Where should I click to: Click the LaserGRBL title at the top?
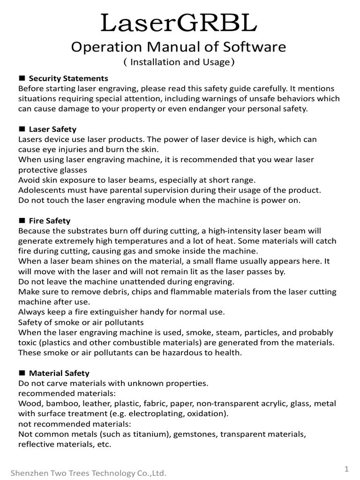[180, 23]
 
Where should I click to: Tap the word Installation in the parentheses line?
[155, 62]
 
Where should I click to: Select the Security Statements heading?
[68, 78]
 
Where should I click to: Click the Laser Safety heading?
[52, 129]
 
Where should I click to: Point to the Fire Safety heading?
[50, 220]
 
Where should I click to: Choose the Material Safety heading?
[59, 373]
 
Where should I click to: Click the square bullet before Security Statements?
[22, 78]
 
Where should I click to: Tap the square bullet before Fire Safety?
[22, 220]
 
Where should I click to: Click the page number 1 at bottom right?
[346, 469]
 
